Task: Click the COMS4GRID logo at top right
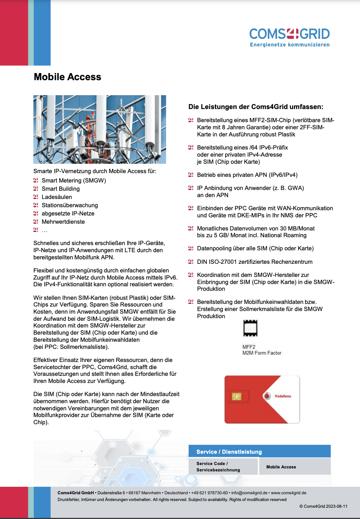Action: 289,34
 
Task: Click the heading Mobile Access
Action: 67,77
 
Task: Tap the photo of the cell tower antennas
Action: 99,129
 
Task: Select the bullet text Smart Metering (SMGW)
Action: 74,181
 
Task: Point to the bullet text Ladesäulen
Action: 57,197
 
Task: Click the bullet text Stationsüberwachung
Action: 70,205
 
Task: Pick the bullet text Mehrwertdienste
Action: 63,222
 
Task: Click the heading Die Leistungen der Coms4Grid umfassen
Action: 256,107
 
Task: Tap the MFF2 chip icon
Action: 250,328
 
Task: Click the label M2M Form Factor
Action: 262,353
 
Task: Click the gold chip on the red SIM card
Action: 236,396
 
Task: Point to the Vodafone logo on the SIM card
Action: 277,396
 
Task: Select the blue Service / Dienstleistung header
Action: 259,452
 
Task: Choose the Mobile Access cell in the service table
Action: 281,467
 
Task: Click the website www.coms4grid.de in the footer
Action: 288,493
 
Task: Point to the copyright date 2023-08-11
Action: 337,506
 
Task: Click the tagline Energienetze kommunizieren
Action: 289,45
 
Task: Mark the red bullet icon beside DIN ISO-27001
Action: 190,262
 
